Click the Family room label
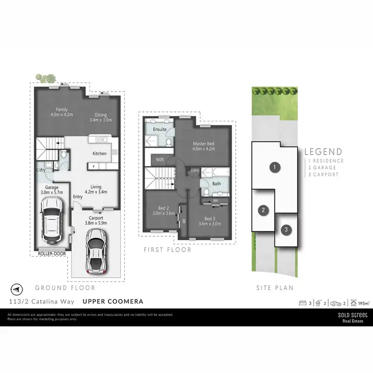pos(62,109)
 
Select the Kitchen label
pos(99,153)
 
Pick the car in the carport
pos(95,251)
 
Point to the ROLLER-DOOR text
pos(51,254)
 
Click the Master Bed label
pos(203,144)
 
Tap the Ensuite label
pos(160,129)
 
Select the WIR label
pos(160,160)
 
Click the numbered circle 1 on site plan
pos(274,167)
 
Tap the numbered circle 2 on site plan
pos(263,210)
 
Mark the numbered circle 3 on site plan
pos(286,229)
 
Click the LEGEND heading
pos(323,152)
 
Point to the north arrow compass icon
pos(17,288)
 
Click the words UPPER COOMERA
pos(113,301)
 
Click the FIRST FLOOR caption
pos(167,250)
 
